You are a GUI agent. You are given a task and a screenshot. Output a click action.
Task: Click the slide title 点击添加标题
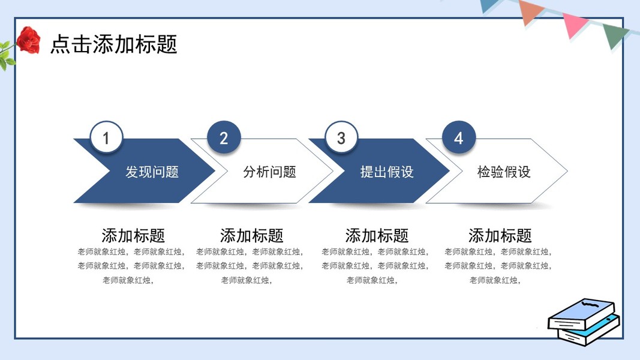pos(114,44)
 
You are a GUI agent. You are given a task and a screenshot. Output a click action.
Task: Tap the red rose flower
pos(29,40)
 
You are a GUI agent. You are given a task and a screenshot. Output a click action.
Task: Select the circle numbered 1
pos(106,137)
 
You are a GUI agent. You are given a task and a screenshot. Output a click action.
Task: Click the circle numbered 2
pos(224,137)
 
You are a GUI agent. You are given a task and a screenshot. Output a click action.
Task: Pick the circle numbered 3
pos(341,137)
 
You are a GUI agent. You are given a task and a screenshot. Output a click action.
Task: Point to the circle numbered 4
pos(459,137)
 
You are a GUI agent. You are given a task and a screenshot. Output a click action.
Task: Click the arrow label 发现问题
pos(152,172)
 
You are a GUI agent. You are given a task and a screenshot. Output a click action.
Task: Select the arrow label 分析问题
pos(269,172)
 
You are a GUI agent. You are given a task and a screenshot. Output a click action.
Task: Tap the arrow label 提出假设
pos(387,172)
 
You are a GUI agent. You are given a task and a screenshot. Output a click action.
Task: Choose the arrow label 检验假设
pos(504,172)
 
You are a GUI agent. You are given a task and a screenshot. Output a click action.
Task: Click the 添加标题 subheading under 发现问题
pos(133,236)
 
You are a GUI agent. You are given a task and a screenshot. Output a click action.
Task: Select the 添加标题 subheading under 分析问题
pos(251,236)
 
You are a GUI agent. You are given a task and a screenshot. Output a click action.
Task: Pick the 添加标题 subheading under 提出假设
pos(377,236)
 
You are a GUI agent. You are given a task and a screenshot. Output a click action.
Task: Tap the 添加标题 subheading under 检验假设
pos(500,236)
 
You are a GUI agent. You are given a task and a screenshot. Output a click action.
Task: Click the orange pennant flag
pos(530,12)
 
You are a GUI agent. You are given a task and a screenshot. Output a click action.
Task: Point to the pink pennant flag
pos(573,25)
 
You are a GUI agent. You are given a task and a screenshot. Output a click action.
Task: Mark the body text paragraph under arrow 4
pos(498,266)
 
